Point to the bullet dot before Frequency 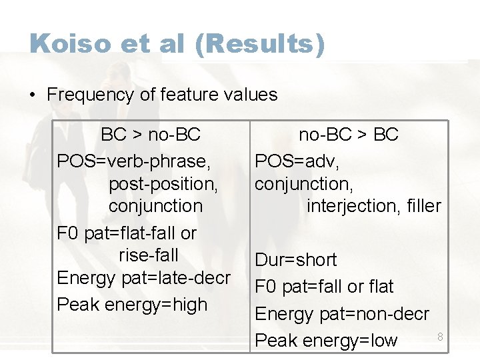pyautogui.click(x=33, y=95)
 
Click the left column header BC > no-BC pyautogui.click(x=150, y=135)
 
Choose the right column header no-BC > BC pyautogui.click(x=348, y=135)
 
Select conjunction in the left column pyautogui.click(x=155, y=206)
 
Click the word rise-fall pyautogui.click(x=149, y=255)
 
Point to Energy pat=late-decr pyautogui.click(x=144, y=278)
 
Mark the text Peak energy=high pyautogui.click(x=132, y=305)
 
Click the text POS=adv pyautogui.click(x=293, y=161)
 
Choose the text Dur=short pyautogui.click(x=296, y=260)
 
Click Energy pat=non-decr pyautogui.click(x=342, y=313)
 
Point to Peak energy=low pyautogui.click(x=326, y=341)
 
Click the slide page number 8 pyautogui.click(x=440, y=337)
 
